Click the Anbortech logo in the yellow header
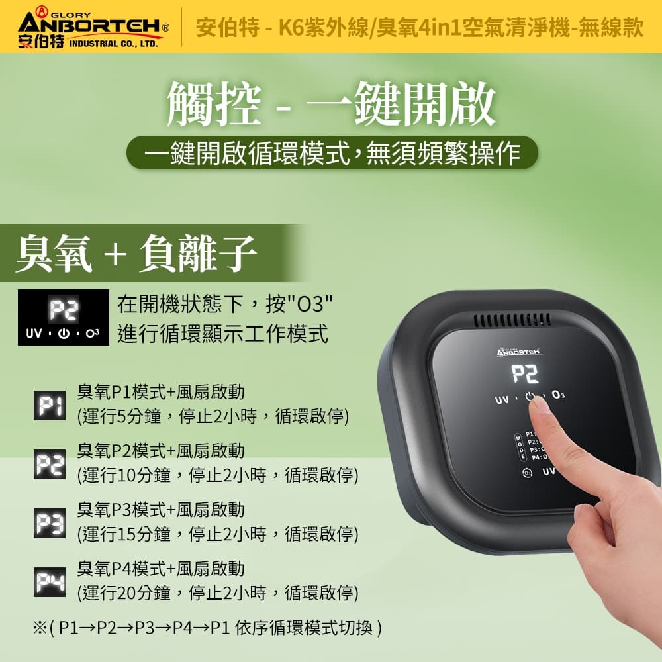[x=93, y=27]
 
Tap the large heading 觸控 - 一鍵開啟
[x=331, y=103]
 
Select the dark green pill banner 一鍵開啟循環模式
[x=332, y=153]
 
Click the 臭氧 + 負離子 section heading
[x=136, y=254]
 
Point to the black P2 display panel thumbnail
[x=64, y=318]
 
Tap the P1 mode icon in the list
[x=50, y=406]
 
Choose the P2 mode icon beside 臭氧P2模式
[x=50, y=465]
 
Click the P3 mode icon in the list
[x=50, y=524]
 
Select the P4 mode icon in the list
[x=50, y=582]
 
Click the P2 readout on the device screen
[x=525, y=373]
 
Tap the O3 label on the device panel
[x=558, y=395]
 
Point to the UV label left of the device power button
[x=502, y=399]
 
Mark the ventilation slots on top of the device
[x=511, y=320]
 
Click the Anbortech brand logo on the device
[x=518, y=352]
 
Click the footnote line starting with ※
[x=207, y=628]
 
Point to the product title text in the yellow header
[x=420, y=28]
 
